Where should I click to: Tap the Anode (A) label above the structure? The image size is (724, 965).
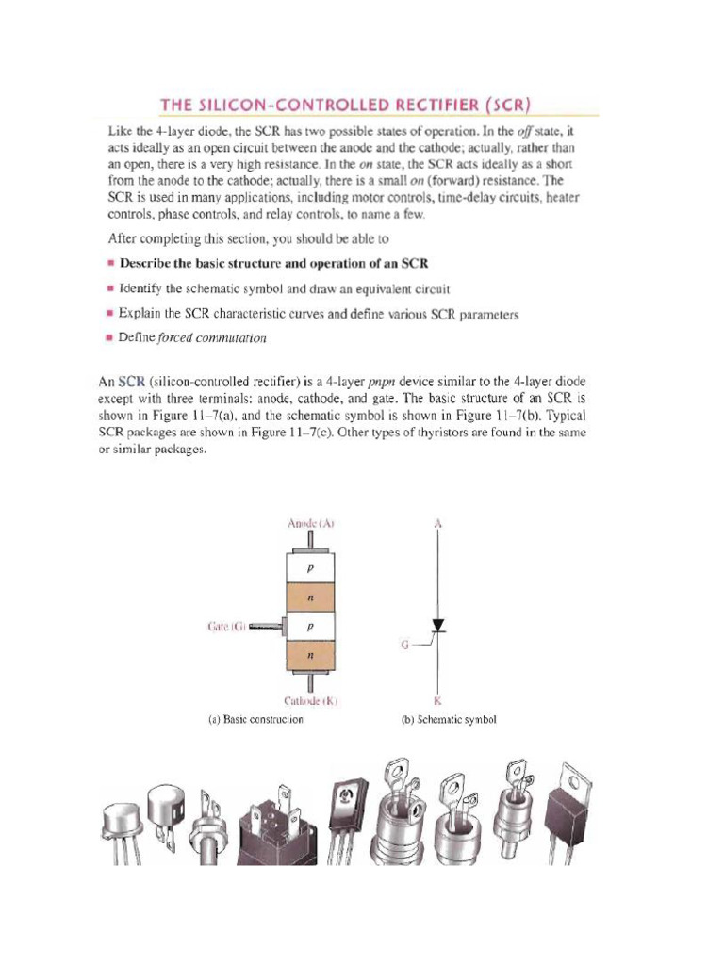[311, 524]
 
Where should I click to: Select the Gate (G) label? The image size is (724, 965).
[227, 627]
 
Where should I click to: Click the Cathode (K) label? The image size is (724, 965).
[311, 701]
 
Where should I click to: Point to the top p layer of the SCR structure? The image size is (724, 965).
[310, 568]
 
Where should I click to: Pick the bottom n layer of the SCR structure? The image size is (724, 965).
[310, 656]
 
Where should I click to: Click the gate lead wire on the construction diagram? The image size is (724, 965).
[266, 627]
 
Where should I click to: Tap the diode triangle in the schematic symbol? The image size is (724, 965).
[437, 626]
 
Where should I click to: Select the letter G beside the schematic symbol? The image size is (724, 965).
[405, 645]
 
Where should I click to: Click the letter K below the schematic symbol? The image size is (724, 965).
[437, 701]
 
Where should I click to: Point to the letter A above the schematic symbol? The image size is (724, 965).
[437, 524]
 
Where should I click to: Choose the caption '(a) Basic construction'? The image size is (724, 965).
[256, 719]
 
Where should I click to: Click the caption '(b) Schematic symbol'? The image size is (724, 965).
[449, 719]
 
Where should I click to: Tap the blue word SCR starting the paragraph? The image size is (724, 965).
[131, 382]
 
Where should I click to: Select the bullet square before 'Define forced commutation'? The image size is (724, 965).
[109, 338]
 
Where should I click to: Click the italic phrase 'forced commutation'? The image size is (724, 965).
[212, 338]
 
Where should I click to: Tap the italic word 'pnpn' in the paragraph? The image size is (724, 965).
[382, 383]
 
